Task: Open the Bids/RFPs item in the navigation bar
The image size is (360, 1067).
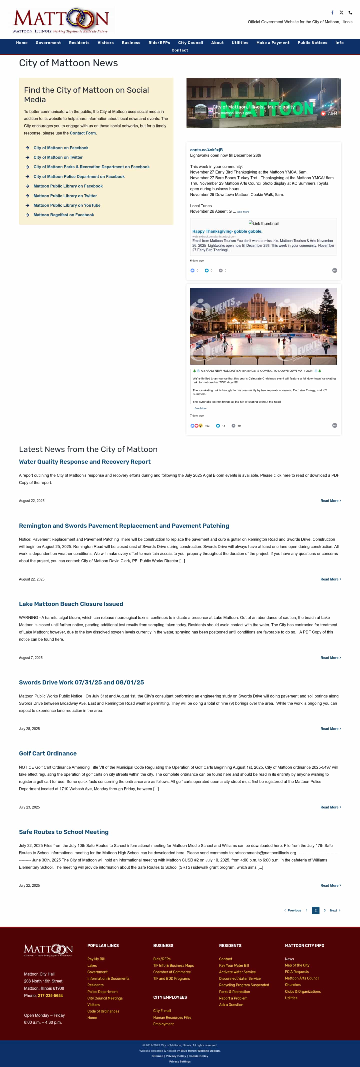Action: (x=159, y=43)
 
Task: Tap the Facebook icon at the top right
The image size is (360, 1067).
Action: (x=332, y=12)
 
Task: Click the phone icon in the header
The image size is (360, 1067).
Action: (x=350, y=12)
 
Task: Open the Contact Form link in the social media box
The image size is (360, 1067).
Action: (x=82, y=133)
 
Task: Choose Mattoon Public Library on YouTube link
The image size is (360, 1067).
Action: (x=67, y=205)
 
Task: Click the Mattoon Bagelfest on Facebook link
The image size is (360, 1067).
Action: (x=63, y=215)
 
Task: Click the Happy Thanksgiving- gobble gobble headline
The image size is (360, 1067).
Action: (x=227, y=231)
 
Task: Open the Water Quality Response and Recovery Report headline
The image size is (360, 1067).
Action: (x=84, y=462)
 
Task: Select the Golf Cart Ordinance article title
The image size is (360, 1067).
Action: (x=48, y=753)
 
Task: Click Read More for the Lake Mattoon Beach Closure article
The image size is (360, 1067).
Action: (x=330, y=658)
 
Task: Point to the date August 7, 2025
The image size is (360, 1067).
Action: (x=31, y=658)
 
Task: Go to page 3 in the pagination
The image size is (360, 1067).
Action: (x=324, y=910)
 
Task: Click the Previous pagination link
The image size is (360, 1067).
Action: (x=293, y=910)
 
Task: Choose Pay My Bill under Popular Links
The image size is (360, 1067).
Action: (x=96, y=959)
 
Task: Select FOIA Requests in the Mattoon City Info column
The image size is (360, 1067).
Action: (x=296, y=972)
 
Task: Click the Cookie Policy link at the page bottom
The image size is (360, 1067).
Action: (x=198, y=1056)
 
